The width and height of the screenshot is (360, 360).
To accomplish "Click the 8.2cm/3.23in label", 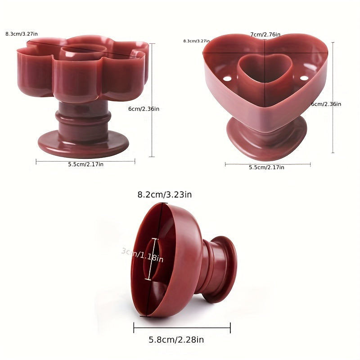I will pos(165,195).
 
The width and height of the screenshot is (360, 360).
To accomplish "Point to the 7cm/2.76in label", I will pos(265,35).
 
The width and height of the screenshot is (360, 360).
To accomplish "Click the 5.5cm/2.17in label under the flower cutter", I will pos(85,164).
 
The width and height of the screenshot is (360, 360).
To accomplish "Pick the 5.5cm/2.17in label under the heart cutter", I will pos(266,167).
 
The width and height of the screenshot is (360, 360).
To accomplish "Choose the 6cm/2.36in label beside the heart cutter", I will pos(326,104).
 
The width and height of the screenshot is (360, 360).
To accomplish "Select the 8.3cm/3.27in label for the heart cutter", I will pos(197,41).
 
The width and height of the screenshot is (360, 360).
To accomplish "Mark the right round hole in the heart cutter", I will pos(302,79).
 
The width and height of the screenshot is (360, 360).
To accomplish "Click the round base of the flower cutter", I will pos(83,143).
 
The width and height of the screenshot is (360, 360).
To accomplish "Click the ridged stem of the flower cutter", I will pos(84,119).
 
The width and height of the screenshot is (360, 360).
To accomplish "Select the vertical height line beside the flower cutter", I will pos(153,100).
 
